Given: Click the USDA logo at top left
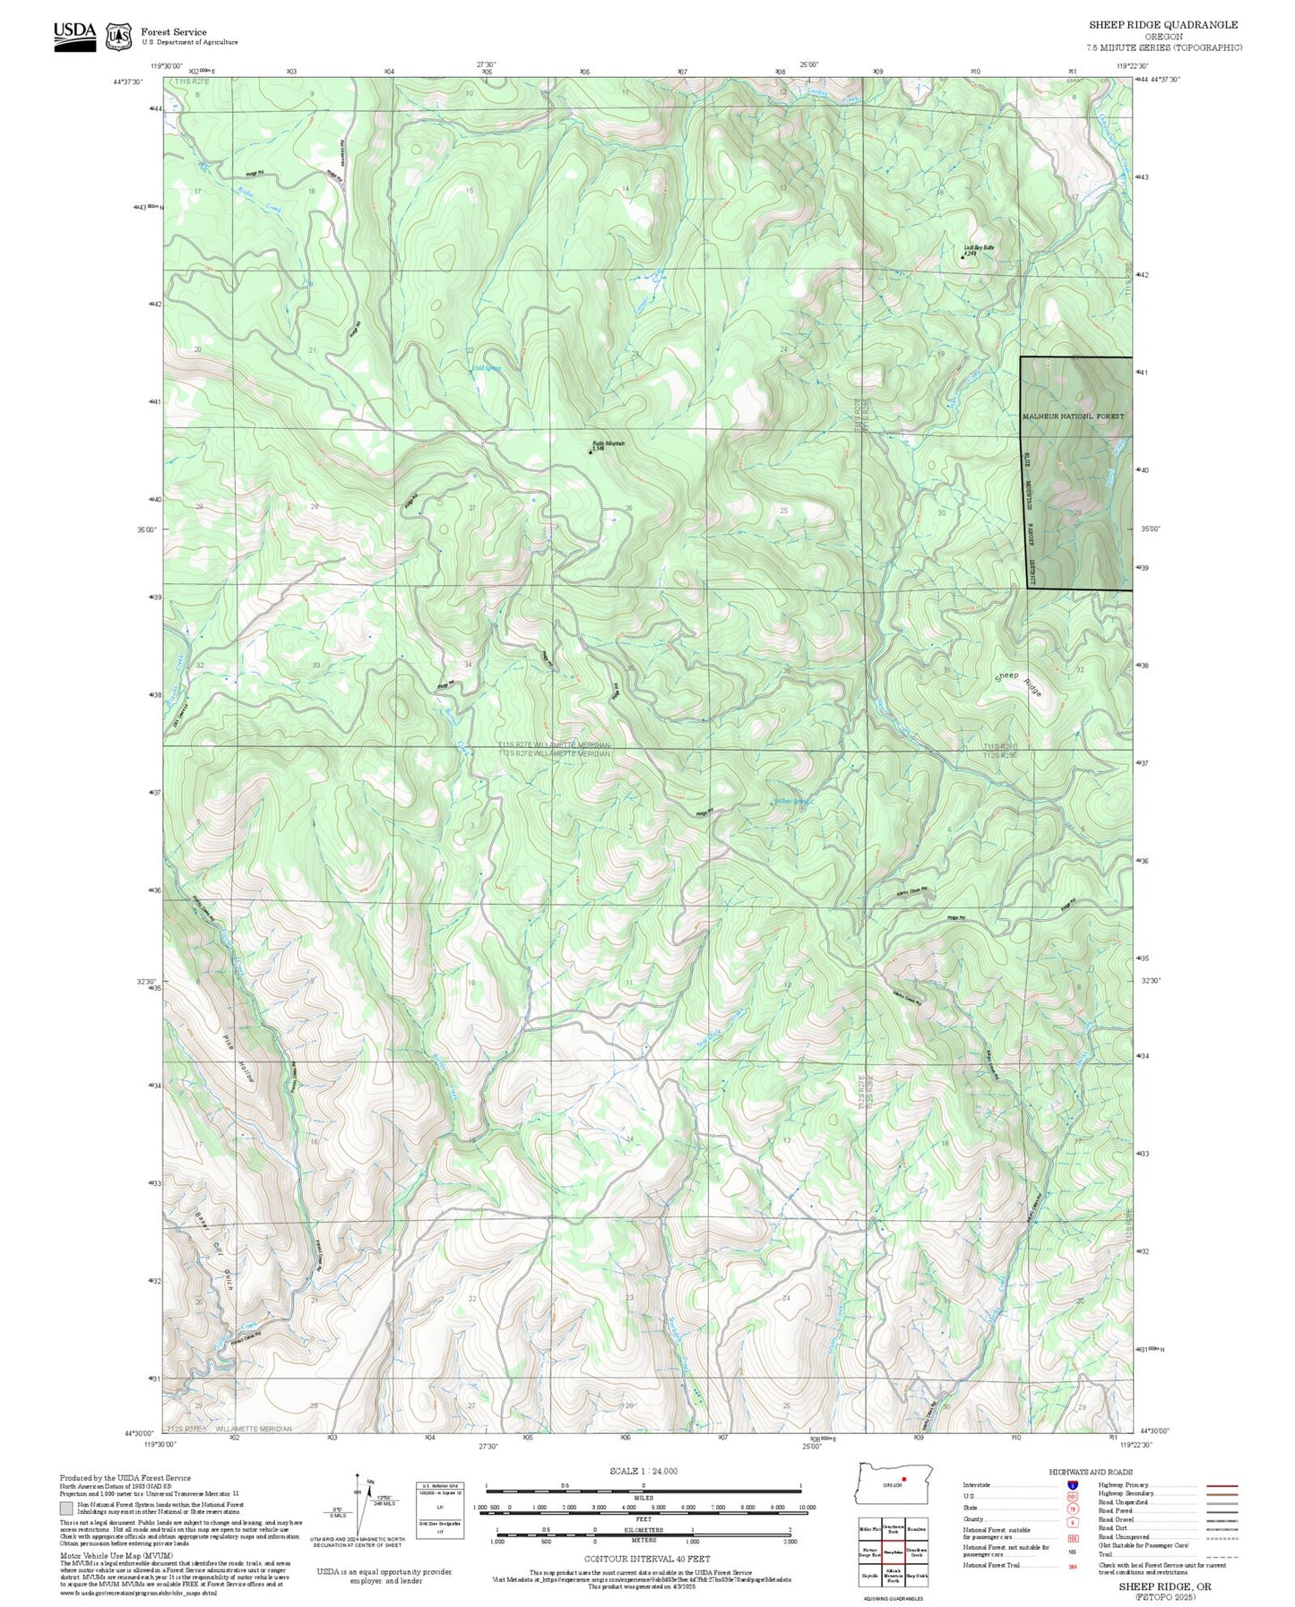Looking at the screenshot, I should pos(74,34).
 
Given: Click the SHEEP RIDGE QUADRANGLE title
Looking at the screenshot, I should pos(1163,25).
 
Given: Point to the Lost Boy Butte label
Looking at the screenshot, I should pos(979,247).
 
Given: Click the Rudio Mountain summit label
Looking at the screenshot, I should pos(609,443).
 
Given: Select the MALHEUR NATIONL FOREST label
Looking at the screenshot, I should pos(1073,417).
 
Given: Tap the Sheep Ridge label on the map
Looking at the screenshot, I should pos(1019,683).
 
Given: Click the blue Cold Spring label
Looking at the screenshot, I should pos(486,368).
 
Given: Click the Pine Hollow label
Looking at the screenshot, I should pos(238,1058).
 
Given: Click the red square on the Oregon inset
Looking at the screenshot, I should pos(904,1479).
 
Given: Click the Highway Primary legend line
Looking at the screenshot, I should pos(1222,1485).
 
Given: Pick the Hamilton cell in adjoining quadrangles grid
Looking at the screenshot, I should pos(916,1529).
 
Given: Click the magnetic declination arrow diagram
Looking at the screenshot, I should pos(358,1505).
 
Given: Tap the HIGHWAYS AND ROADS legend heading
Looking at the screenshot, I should pos(1091,1472).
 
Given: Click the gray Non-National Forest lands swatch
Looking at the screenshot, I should pos(66,1508).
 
